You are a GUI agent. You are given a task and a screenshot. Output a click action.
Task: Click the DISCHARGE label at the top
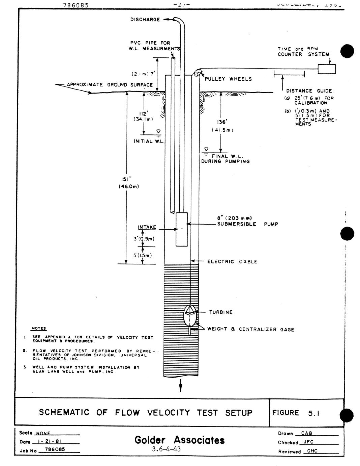(145, 20)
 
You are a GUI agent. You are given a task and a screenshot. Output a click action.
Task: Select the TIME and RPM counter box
(327, 69)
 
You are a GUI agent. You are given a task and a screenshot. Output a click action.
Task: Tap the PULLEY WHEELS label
(228, 79)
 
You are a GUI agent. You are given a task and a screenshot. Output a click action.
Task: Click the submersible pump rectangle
(182, 229)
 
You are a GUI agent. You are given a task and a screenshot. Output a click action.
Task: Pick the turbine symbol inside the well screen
(190, 315)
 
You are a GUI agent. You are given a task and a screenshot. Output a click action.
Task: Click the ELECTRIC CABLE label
(232, 262)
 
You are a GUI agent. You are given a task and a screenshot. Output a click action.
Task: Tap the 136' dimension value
(222, 122)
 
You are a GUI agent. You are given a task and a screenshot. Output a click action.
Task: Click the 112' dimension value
(144, 113)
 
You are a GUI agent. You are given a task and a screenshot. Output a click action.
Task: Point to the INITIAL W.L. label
(149, 141)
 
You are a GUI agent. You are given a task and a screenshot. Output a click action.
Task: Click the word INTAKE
(147, 227)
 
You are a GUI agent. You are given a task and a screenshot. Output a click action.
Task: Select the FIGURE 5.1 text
(295, 413)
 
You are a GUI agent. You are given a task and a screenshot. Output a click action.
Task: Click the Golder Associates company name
(179, 440)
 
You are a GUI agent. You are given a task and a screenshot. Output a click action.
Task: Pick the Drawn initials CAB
(306, 433)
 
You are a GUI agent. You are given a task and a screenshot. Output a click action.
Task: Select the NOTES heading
(39, 329)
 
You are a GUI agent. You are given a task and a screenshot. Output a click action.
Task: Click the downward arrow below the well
(181, 385)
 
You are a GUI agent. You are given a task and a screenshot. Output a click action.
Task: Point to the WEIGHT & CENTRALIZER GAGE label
(250, 329)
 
